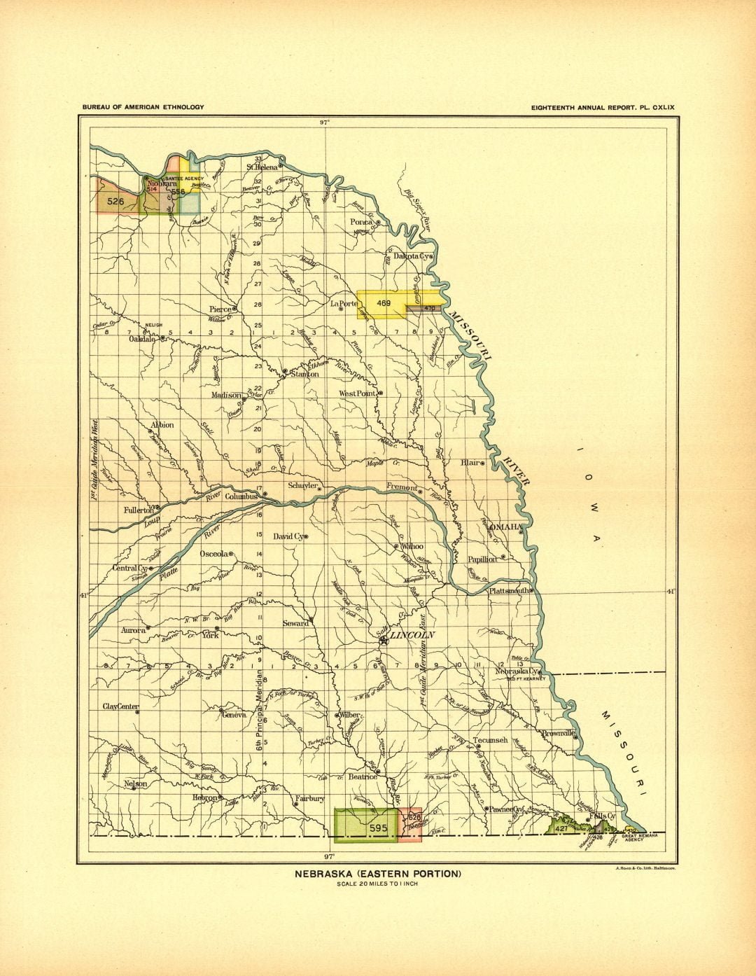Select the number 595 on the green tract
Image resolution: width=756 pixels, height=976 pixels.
point(378,828)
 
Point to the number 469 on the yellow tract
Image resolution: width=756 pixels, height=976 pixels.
point(383,303)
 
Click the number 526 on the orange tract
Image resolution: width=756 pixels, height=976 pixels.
point(116,201)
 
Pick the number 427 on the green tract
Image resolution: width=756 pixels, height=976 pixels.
point(561,828)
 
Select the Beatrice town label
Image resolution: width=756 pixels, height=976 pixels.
point(362,776)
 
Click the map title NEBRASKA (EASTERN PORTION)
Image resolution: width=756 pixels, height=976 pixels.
point(377,874)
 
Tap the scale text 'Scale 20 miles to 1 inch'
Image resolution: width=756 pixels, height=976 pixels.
point(377,884)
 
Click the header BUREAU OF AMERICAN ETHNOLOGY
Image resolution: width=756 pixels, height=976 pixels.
point(143,107)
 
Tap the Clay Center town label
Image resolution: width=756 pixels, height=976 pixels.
point(120,706)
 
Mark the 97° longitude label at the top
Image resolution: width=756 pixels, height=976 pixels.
point(325,122)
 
